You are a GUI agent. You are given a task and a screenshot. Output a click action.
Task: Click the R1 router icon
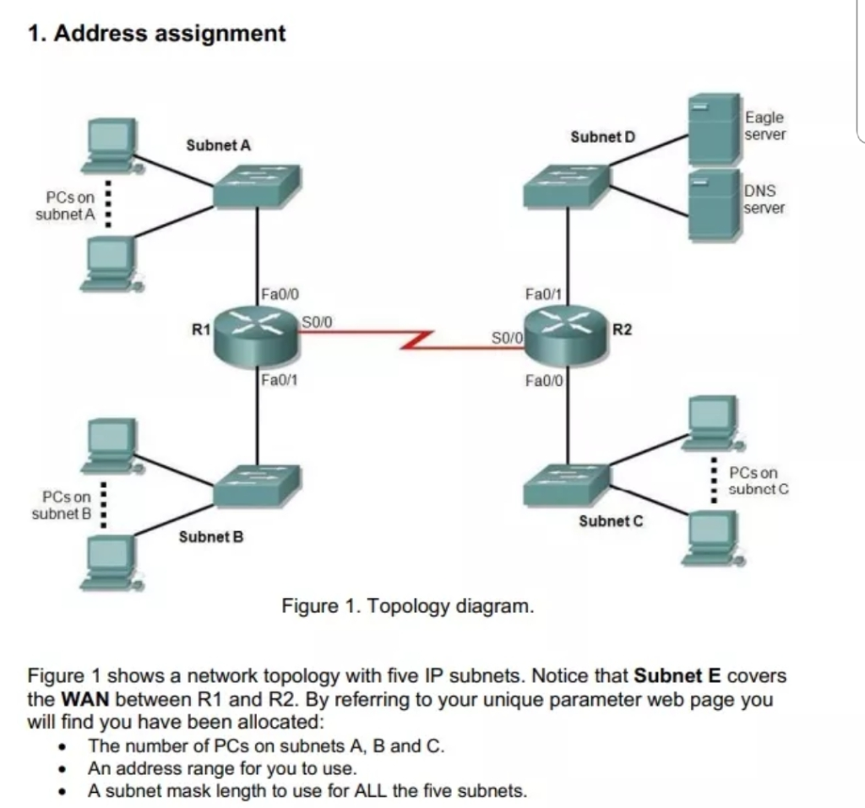[x=257, y=334]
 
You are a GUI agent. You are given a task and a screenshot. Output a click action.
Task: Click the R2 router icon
[x=565, y=335]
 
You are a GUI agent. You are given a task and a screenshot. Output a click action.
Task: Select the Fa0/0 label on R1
[x=277, y=295]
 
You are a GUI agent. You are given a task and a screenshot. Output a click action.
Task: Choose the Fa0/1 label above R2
[x=543, y=295]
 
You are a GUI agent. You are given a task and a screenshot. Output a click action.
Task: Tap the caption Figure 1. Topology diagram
[x=408, y=607]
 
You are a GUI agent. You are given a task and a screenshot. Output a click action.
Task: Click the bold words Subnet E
[x=677, y=676]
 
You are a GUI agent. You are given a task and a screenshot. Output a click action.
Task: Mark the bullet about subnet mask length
[x=307, y=791]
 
